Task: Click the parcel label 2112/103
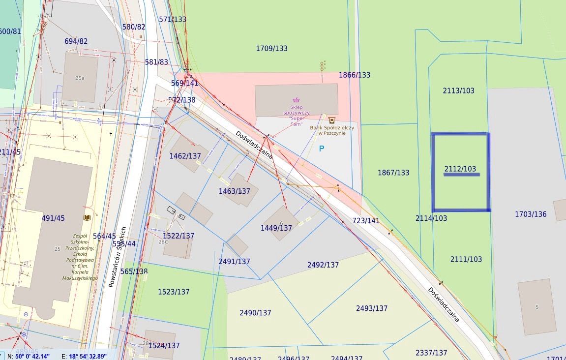click(x=460, y=169)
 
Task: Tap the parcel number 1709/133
click(x=271, y=48)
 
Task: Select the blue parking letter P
click(x=322, y=148)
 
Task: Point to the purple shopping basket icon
click(x=296, y=100)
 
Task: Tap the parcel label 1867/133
click(x=393, y=173)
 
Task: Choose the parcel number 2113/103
click(x=459, y=90)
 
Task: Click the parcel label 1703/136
click(x=531, y=214)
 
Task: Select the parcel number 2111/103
click(x=466, y=259)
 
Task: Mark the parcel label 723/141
click(x=365, y=221)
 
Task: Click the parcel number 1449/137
click(x=276, y=228)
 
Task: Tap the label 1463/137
click(x=234, y=191)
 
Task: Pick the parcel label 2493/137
click(x=372, y=308)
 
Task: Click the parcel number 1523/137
click(x=174, y=292)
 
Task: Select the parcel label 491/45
click(x=53, y=218)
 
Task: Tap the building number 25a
click(x=80, y=78)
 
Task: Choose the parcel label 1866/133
click(x=355, y=75)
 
